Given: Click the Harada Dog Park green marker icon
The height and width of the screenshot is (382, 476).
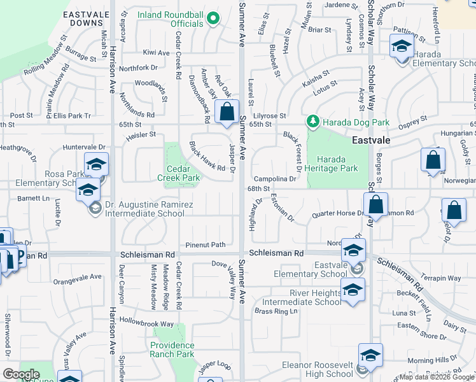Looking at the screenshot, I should coord(312,120).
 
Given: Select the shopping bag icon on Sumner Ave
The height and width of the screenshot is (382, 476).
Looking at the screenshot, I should coord(227,112).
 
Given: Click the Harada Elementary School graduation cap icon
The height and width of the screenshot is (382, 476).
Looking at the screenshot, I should coord(402,47).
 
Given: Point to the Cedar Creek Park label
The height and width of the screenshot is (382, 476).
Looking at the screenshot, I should coord(174,173).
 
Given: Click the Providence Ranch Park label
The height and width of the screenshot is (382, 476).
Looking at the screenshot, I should coord(181,350).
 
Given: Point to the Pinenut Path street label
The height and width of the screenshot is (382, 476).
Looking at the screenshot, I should coord(206,244).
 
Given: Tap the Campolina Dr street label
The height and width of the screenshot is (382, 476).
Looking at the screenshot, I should coord(276,180).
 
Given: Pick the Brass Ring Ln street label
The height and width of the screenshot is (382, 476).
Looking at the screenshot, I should coord(276,311).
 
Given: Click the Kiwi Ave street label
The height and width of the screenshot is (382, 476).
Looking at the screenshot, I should coord(156,52).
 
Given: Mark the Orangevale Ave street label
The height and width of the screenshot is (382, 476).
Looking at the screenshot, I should coord(78,277).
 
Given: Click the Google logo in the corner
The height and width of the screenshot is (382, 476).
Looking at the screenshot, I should coord(21,374).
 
